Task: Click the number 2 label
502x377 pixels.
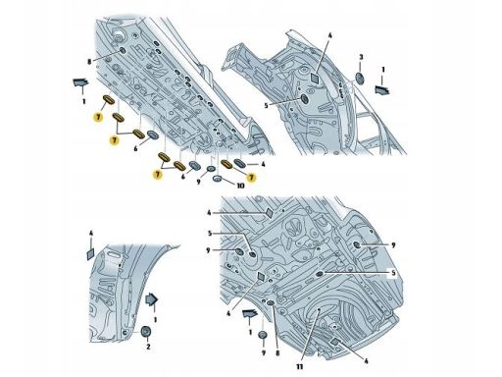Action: tap(148, 347)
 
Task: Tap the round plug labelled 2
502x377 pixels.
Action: tap(146, 332)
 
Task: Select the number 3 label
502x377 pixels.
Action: tap(361, 57)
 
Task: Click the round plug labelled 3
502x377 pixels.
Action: tap(360, 79)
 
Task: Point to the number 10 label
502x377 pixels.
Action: tap(240, 186)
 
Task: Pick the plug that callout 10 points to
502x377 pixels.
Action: tap(218, 179)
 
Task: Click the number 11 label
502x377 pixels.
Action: tap(300, 367)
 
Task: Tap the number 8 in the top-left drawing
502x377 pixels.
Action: tap(89, 61)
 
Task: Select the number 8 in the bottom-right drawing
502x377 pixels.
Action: tap(277, 352)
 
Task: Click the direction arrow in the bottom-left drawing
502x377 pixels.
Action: tap(152, 299)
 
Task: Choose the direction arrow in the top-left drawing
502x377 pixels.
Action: tap(80, 82)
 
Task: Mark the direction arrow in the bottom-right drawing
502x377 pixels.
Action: tap(250, 313)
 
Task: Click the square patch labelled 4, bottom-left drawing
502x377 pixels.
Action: tap(90, 254)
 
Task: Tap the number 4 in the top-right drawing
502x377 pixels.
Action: tap(329, 35)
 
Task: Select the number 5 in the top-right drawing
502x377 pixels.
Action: tap(266, 106)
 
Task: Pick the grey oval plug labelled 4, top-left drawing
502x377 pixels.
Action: tap(240, 163)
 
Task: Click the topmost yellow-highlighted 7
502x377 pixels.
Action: tap(98, 117)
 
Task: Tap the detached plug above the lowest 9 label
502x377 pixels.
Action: tap(263, 336)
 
